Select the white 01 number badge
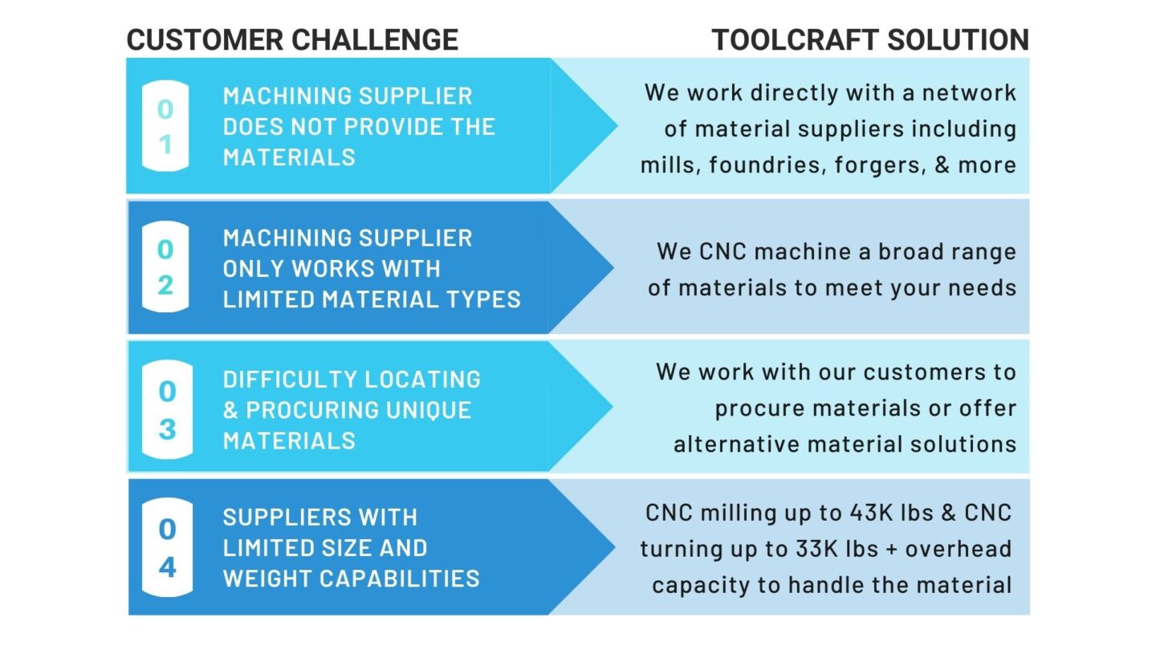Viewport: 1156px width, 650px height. tap(165, 126)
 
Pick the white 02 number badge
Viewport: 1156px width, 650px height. tap(165, 266)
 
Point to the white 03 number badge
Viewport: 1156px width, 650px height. tap(167, 409)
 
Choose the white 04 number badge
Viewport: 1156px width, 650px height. tap(167, 548)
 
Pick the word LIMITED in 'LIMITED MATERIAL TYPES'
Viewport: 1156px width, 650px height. tap(269, 299)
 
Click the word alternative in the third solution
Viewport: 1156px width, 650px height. tap(736, 445)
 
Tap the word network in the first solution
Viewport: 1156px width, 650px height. tap(969, 93)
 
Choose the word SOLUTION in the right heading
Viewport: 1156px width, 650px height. tap(959, 40)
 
